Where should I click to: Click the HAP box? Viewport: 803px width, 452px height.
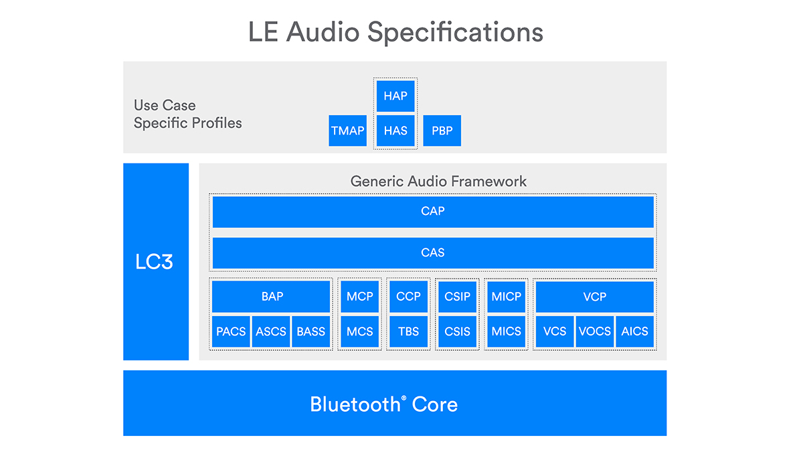395,96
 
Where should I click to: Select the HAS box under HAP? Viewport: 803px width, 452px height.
395,131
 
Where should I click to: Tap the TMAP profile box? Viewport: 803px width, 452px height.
348,131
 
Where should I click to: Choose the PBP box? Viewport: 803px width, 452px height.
442,131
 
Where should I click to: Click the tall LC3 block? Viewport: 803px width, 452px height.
156,262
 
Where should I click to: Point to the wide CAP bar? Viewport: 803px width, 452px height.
433,212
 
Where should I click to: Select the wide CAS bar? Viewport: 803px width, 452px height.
433,253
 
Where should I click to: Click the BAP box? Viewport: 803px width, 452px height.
272,297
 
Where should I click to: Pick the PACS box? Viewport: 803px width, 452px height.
231,331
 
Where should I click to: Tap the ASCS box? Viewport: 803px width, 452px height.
271,331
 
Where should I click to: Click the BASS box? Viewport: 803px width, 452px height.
311,331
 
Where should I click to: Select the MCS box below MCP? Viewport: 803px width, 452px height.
360,331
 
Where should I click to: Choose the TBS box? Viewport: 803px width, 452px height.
409,331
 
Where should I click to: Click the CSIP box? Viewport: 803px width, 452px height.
458,297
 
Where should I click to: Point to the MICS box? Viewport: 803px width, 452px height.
507,331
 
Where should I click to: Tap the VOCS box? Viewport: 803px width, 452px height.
595,331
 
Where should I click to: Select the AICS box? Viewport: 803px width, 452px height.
635,331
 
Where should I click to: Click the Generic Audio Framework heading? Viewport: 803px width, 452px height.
438,181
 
